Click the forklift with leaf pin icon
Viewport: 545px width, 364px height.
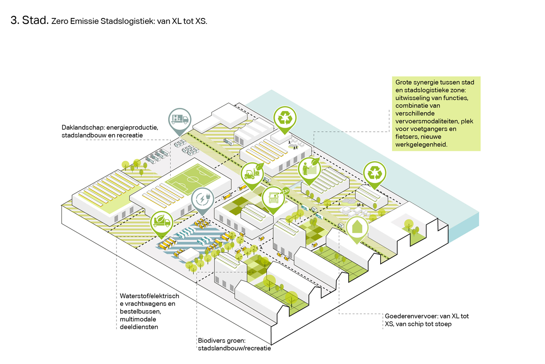[x=252, y=173]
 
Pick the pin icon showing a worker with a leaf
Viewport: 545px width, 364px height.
[x=309, y=169]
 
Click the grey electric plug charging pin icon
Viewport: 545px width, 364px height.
[x=202, y=199]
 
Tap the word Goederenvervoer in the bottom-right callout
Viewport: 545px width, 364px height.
[x=409, y=316]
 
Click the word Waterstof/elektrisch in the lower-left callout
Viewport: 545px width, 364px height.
[x=149, y=296]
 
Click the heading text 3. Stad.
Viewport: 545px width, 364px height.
[x=30, y=21]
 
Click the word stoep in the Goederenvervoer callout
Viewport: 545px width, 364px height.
[x=443, y=324]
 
